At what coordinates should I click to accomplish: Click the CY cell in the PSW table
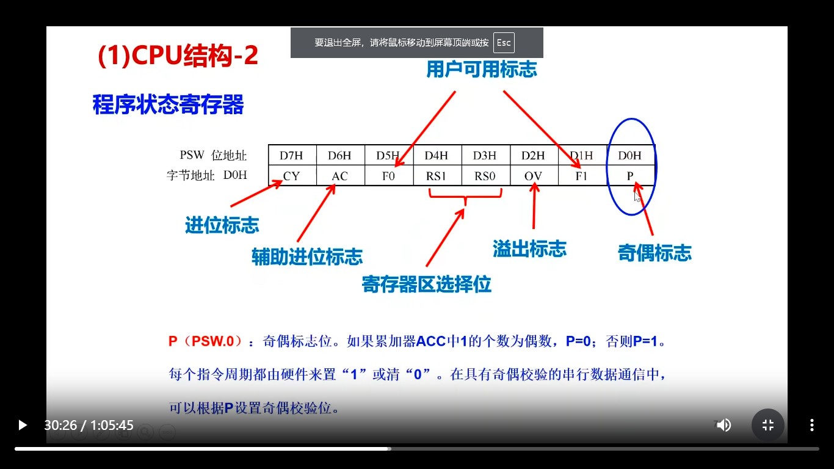(x=292, y=176)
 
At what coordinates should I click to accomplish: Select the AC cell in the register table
(x=340, y=176)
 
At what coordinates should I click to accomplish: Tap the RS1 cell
(x=437, y=176)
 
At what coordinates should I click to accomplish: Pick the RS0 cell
(x=485, y=176)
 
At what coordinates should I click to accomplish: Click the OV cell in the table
(x=533, y=176)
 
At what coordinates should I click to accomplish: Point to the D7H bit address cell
(x=292, y=156)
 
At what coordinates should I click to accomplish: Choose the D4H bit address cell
(x=437, y=156)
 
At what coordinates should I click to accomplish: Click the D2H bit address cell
(x=533, y=156)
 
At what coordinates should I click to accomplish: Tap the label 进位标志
(x=222, y=225)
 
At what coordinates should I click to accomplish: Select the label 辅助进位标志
(x=307, y=256)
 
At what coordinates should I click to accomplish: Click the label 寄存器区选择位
(x=426, y=284)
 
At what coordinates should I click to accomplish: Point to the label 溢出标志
(x=529, y=249)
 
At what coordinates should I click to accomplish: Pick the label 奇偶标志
(x=655, y=253)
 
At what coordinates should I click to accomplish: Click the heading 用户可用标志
(x=482, y=70)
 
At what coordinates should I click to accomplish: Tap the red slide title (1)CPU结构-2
(x=178, y=56)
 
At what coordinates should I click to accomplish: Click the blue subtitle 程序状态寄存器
(x=168, y=104)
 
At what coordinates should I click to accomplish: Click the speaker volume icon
(x=723, y=425)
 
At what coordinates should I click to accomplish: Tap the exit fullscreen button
(x=768, y=425)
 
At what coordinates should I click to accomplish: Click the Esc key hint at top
(x=504, y=43)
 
